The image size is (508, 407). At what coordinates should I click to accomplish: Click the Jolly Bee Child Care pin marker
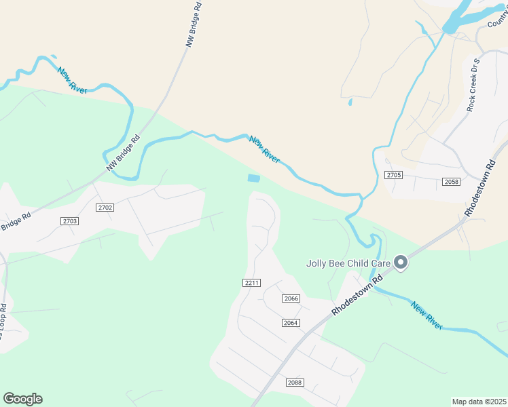(x=401, y=262)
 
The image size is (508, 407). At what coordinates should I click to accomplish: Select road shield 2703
(x=69, y=221)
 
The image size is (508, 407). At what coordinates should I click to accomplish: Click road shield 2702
(x=105, y=208)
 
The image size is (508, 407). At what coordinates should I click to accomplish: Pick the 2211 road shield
(x=251, y=282)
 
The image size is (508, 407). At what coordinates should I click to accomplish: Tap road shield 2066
(x=291, y=298)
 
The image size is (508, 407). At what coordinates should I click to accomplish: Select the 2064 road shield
(x=291, y=323)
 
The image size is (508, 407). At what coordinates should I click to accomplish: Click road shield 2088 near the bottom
(x=294, y=383)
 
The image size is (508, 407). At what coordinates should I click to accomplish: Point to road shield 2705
(x=394, y=175)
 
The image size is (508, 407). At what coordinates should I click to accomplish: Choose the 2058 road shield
(x=451, y=182)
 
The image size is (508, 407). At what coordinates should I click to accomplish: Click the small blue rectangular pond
(x=254, y=178)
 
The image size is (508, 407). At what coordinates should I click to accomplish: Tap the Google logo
(x=22, y=398)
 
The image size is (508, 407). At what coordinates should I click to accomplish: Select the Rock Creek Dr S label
(x=473, y=85)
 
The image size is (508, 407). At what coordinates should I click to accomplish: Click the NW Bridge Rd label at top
(x=194, y=24)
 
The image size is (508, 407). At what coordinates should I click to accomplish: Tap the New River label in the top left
(x=72, y=80)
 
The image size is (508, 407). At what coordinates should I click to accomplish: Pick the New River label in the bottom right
(x=427, y=315)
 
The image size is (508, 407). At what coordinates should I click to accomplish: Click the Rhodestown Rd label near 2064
(x=353, y=291)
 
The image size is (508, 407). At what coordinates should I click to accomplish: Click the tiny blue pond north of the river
(x=350, y=102)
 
